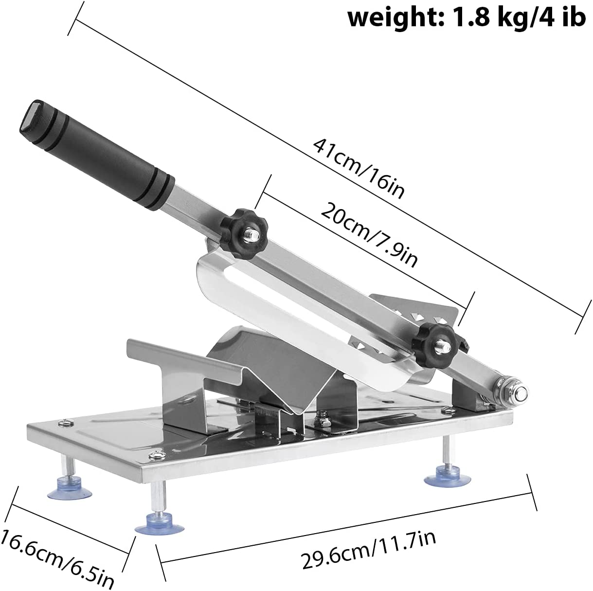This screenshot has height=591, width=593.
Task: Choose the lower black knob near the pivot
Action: pyautogui.click(x=433, y=339)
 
